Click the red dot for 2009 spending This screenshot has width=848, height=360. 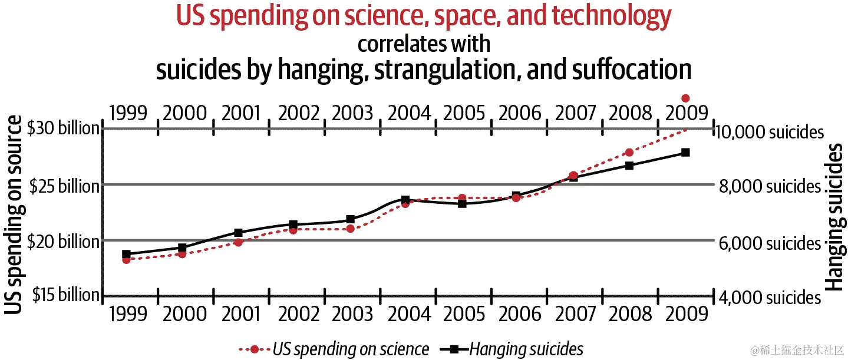point(685,98)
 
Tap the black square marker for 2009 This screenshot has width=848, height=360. point(685,153)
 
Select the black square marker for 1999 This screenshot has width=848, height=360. point(126,255)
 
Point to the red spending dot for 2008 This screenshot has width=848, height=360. point(629,153)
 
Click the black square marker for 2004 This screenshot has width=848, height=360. point(405,200)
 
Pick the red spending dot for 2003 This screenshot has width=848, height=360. point(350,228)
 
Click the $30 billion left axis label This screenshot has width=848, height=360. point(63,128)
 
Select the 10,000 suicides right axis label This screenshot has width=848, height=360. point(768,131)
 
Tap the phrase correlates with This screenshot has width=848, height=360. point(424,44)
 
